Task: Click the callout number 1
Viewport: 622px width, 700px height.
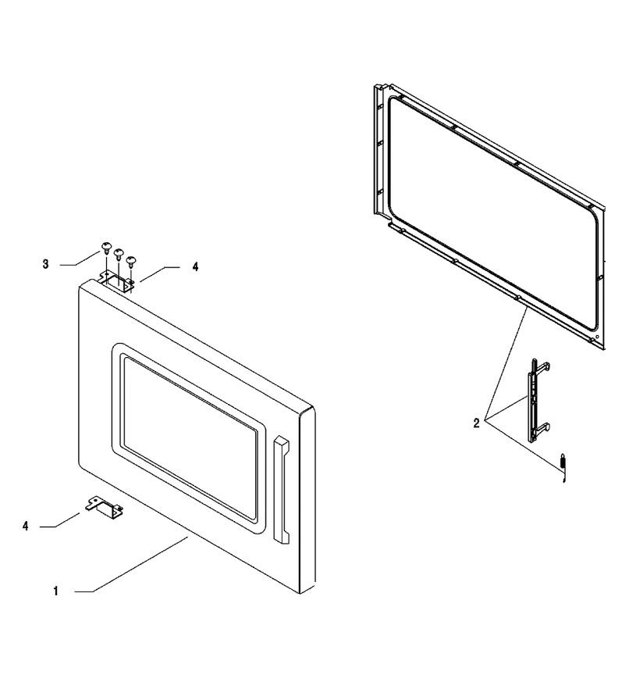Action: click(x=55, y=591)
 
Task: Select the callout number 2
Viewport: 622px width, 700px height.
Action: click(x=476, y=423)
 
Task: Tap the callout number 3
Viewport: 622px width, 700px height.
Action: click(x=45, y=264)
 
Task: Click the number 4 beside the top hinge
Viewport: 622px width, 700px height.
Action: click(x=195, y=267)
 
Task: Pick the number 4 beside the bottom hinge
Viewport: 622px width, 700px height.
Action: click(x=26, y=527)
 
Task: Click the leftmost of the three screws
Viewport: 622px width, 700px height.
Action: click(x=106, y=248)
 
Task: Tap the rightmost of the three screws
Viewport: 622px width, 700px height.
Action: click(x=130, y=261)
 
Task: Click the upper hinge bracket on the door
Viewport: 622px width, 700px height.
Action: click(x=117, y=282)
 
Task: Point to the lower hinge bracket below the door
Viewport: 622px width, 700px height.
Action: click(x=105, y=508)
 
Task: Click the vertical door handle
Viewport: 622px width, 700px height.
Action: click(x=282, y=489)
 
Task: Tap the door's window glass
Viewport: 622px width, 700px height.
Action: click(x=190, y=438)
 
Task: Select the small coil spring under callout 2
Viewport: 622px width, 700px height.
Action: click(x=563, y=467)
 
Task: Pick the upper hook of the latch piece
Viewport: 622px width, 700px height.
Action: click(x=542, y=366)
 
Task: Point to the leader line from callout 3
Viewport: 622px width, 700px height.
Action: click(x=80, y=259)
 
